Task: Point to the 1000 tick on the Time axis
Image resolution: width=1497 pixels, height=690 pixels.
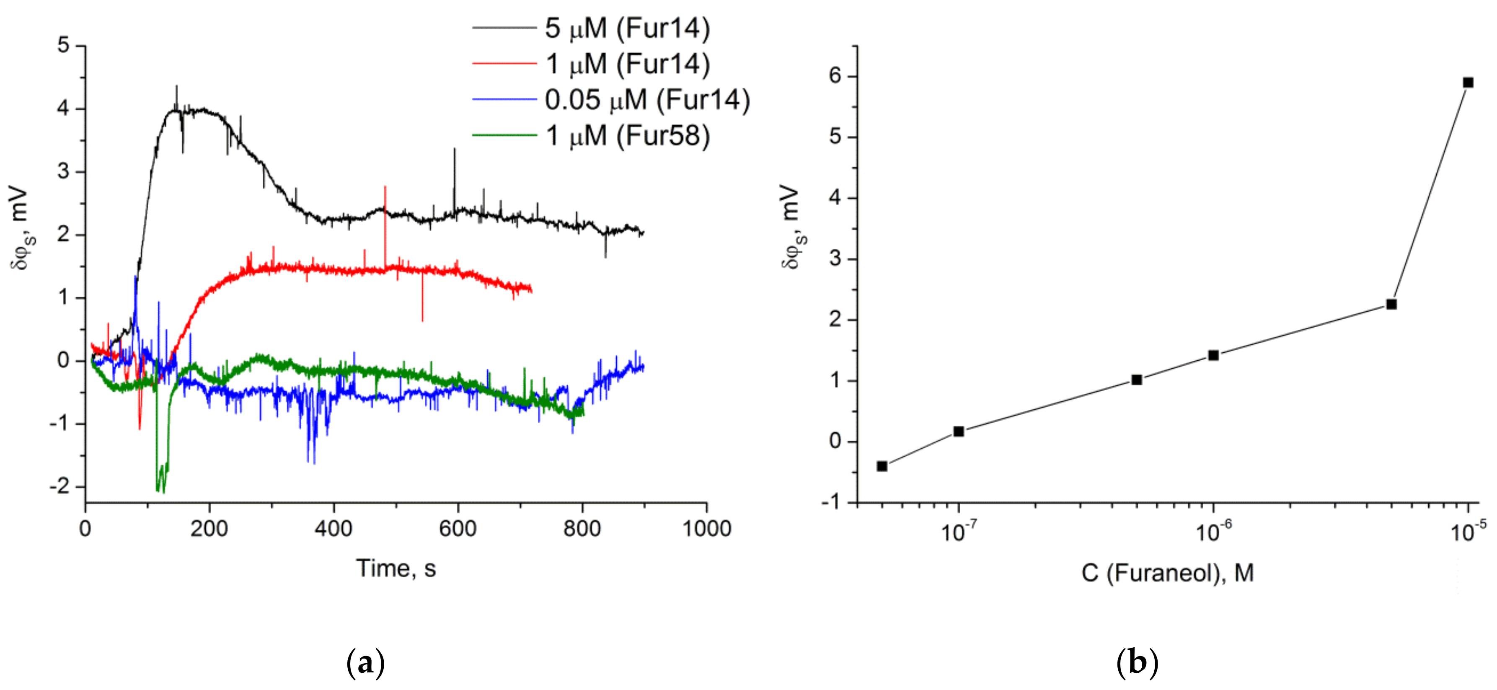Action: (706, 528)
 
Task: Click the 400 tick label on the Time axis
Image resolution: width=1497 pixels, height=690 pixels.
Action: (334, 528)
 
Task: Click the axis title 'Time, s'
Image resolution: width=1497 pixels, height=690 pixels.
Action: (396, 568)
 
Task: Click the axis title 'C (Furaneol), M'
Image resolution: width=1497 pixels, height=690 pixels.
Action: (1167, 573)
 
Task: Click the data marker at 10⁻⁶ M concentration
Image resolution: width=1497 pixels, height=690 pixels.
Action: (1213, 355)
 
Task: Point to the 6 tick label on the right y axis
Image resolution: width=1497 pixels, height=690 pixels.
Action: (835, 76)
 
